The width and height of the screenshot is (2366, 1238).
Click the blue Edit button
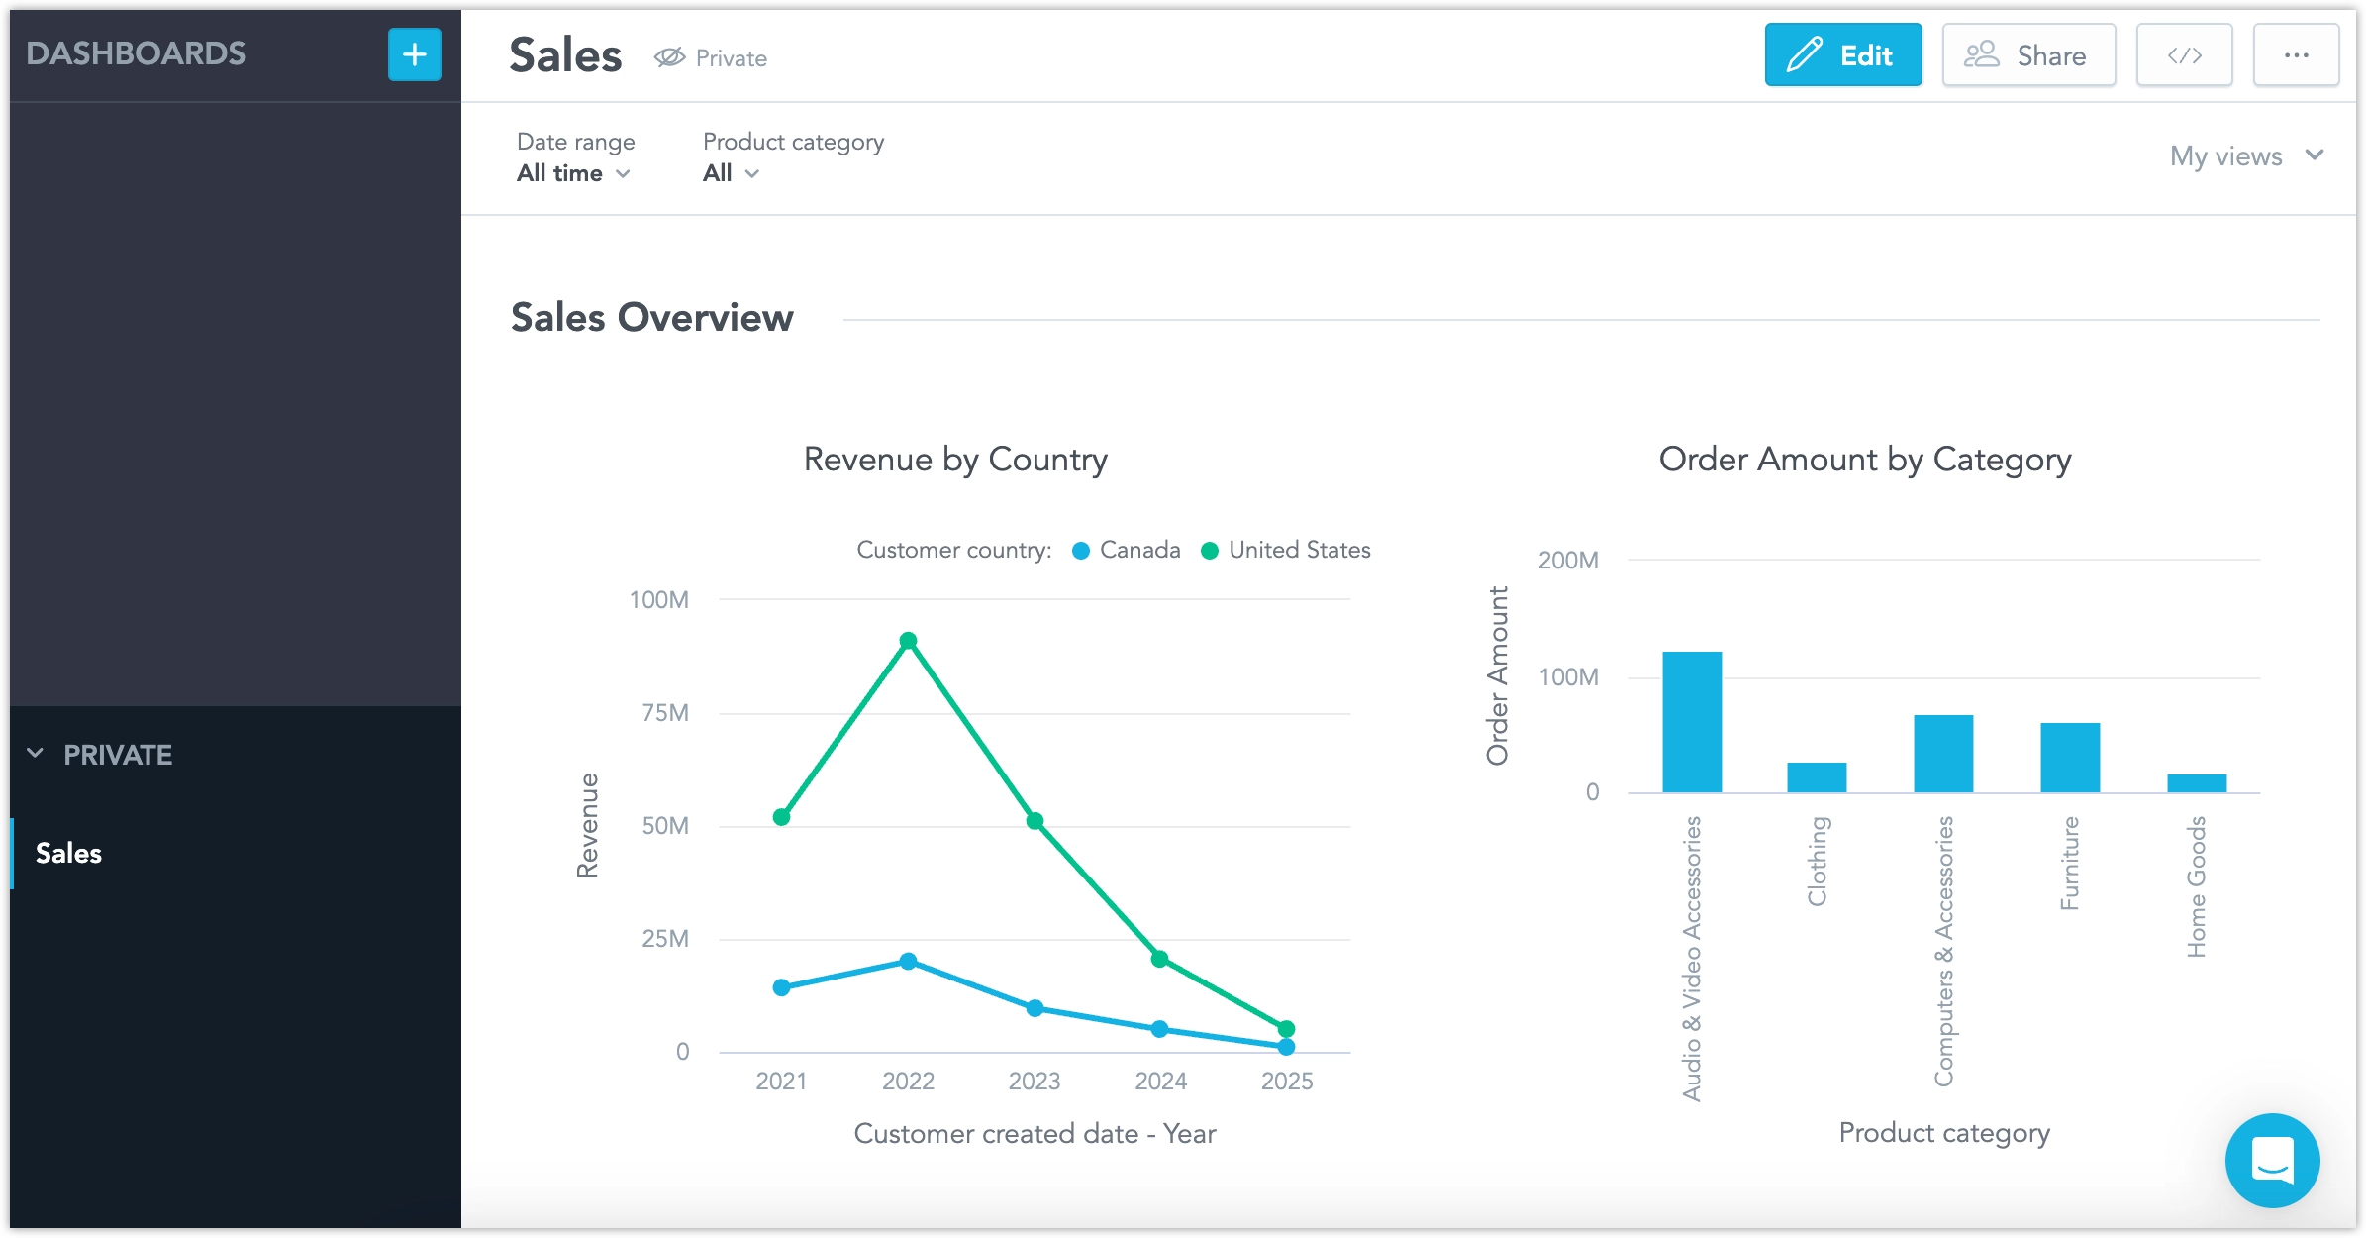click(x=1842, y=55)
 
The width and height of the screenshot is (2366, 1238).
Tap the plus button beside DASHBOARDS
click(x=414, y=54)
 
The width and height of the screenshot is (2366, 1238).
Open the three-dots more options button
click(x=2296, y=55)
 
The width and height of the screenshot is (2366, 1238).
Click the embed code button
click(x=2184, y=55)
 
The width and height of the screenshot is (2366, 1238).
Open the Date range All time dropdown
click(x=573, y=173)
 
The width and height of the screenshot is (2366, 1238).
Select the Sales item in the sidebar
click(x=69, y=853)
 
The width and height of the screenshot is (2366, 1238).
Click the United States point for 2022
click(x=908, y=641)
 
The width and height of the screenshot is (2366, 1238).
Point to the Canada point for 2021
click(x=781, y=987)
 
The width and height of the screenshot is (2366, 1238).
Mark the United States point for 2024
click(x=1160, y=958)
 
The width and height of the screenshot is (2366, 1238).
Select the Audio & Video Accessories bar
click(x=1692, y=722)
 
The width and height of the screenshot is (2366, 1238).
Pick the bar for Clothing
click(x=1817, y=777)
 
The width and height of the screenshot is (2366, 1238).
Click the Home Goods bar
click(x=2197, y=783)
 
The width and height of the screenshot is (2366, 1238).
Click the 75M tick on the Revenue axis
click(x=664, y=713)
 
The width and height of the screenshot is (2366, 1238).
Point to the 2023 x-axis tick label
click(x=1034, y=1081)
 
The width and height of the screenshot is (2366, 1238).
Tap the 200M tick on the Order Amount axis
click(x=1568, y=561)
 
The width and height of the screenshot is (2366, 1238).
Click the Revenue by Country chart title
click(x=955, y=460)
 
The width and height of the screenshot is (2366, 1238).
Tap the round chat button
click(x=2272, y=1160)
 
